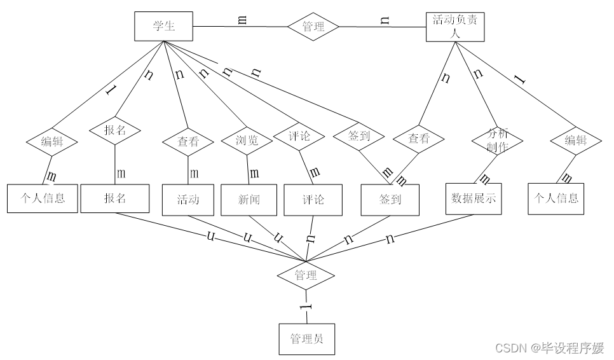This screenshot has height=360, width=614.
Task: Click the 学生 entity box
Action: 163,27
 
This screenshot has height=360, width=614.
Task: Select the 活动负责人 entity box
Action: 454,27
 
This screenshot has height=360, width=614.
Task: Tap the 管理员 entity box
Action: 306,338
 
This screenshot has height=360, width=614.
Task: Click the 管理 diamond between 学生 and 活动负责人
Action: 313,27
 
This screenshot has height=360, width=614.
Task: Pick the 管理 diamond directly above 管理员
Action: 306,275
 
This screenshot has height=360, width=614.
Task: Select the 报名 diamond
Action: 115,130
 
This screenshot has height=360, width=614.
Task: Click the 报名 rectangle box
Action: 115,198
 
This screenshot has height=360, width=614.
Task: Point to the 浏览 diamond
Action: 247,141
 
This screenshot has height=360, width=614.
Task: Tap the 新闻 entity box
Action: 249,199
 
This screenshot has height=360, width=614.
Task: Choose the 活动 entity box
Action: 188,199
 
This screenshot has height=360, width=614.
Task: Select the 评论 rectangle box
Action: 313,199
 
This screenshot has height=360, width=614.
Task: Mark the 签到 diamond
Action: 359,135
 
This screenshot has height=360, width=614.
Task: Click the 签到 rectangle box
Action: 390,199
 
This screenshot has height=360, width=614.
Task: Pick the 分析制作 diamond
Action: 497,140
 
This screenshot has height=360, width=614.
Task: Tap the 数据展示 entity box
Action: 473,198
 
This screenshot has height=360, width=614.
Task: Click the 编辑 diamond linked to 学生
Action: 51,141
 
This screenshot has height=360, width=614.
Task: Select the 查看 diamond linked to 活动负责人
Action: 419,138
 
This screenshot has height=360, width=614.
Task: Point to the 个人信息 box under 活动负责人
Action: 556,198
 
